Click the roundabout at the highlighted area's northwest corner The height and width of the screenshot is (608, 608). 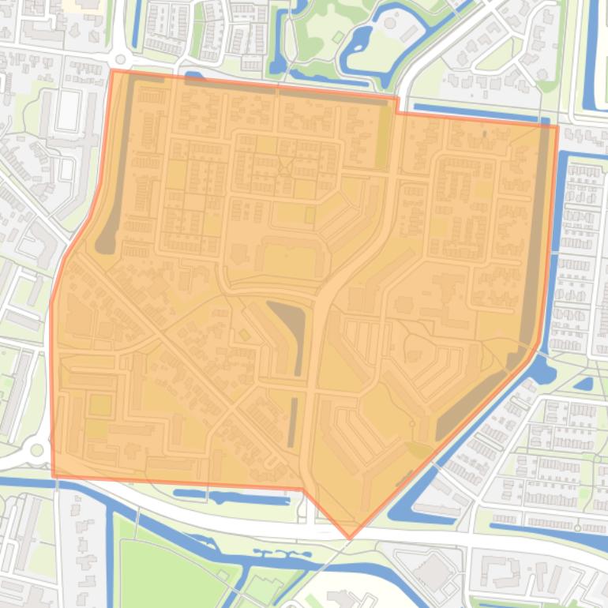pos(120,59)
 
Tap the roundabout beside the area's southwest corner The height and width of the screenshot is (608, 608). pos(35,451)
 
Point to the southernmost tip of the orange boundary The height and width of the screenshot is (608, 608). pos(351,539)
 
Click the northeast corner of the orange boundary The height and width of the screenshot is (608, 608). pos(557,126)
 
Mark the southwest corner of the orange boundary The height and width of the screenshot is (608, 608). pos(53,476)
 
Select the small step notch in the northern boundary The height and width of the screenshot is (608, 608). pos(397,106)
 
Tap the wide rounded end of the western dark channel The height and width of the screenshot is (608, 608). pos(105,242)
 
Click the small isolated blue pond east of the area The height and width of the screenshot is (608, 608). pos(584,385)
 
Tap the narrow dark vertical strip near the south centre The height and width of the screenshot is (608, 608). pos(294,422)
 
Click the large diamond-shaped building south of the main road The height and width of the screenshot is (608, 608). pos(433,571)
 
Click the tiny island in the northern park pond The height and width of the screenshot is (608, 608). pos(338,37)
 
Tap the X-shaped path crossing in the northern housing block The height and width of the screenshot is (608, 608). pos(283,167)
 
